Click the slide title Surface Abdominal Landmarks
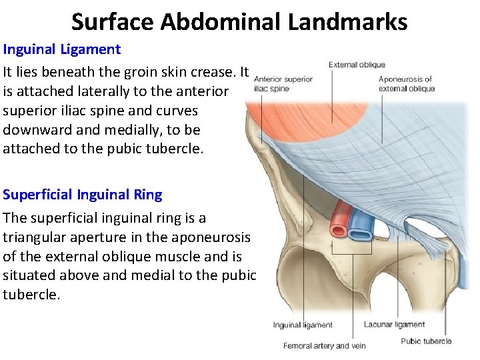(x=239, y=21)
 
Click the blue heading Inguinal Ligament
(x=62, y=49)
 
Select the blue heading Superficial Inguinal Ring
(x=83, y=195)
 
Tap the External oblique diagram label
(x=357, y=65)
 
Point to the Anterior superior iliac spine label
(x=283, y=83)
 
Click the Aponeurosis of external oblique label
(x=406, y=83)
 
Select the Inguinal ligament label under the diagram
(x=303, y=325)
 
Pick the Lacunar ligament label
(x=394, y=325)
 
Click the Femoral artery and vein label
(x=325, y=345)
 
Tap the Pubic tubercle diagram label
(x=426, y=341)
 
